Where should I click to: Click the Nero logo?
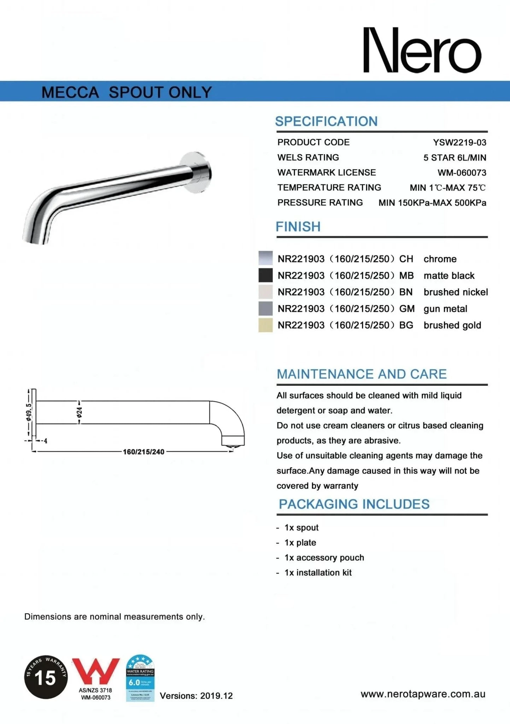click(422, 51)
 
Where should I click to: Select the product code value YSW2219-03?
click(459, 142)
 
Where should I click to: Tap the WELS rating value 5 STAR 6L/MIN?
click(455, 158)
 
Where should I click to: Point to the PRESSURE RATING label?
click(320, 203)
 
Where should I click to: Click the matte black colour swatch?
click(265, 275)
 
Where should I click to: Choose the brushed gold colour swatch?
click(265, 325)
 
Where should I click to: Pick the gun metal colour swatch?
click(265, 309)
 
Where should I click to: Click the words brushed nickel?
click(456, 292)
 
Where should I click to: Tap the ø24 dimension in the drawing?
click(80, 412)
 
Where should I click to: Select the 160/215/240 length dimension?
click(143, 452)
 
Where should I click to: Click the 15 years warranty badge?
click(46, 677)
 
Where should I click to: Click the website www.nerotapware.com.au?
click(423, 694)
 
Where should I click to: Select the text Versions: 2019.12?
click(196, 696)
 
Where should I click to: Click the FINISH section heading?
click(298, 227)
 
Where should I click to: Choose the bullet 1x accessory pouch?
click(324, 557)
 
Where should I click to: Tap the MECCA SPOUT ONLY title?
click(127, 92)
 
